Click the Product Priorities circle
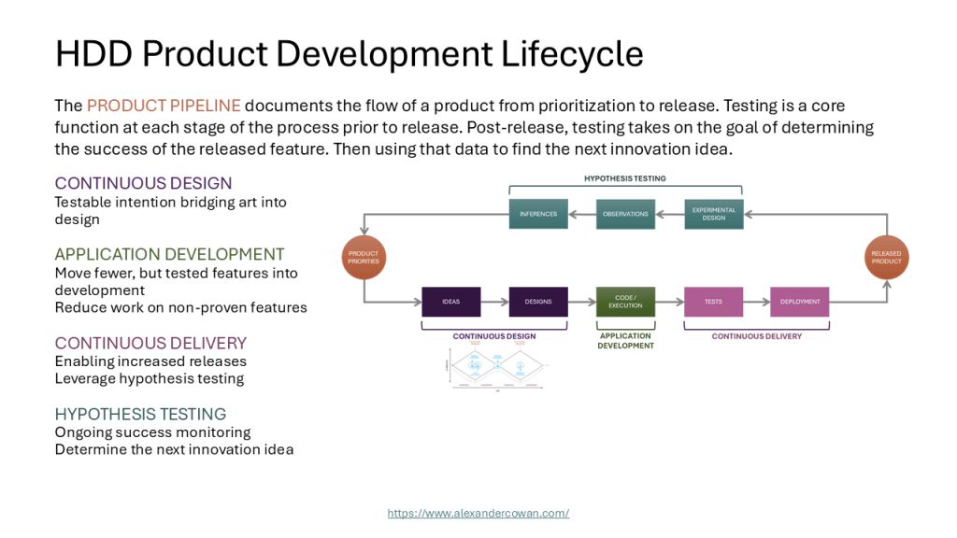point(364,258)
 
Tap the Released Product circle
point(886,258)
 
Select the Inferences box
point(538,214)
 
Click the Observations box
point(625,214)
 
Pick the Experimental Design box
point(714,214)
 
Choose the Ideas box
point(450,302)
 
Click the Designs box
point(538,302)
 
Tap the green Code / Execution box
point(625,302)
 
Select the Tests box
point(713,302)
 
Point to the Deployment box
point(800,302)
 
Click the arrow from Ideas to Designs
point(494,302)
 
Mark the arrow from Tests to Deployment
point(757,302)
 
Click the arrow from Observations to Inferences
point(582,214)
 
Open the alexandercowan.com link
point(478,513)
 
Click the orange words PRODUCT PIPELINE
point(164,106)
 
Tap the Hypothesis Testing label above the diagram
point(625,177)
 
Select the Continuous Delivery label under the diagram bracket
point(757,336)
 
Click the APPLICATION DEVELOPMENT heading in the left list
point(169,254)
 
